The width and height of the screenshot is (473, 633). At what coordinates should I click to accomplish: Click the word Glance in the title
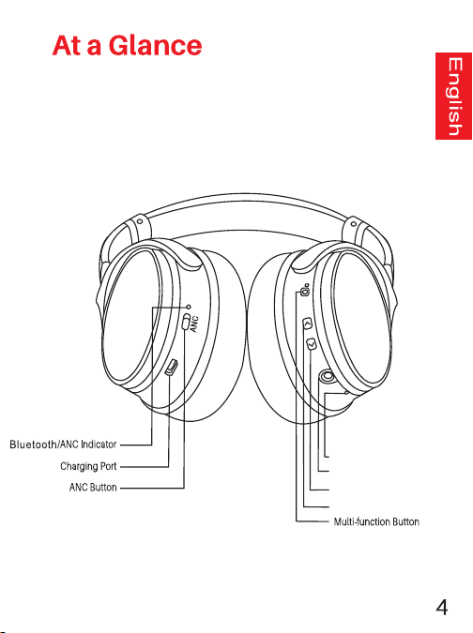155,45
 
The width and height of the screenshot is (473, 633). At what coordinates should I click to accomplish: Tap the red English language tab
453,96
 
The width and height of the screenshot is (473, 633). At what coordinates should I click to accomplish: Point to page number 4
442,607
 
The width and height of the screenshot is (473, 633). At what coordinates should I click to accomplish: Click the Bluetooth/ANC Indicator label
63,445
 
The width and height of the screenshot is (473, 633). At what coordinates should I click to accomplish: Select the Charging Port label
88,466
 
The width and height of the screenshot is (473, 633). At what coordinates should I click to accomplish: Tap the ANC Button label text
93,488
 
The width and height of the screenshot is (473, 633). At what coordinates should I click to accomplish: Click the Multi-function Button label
376,521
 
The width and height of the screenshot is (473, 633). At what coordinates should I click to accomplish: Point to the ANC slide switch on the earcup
186,323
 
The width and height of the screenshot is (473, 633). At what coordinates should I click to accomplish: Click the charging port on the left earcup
171,368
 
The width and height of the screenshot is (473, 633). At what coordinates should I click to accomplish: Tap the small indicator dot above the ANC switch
189,307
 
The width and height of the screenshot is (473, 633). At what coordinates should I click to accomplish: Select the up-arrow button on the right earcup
308,324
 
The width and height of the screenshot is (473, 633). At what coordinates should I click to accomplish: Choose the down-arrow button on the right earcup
311,344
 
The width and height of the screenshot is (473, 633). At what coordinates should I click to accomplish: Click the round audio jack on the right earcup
327,377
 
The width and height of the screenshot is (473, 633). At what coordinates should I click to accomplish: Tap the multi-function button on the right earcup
305,291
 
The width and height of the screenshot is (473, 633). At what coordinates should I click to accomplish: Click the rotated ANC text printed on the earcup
194,324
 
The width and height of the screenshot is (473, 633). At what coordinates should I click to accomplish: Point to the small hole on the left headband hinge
139,221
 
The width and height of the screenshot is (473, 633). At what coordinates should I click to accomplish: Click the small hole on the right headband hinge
354,223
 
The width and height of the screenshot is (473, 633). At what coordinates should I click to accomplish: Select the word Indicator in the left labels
99,445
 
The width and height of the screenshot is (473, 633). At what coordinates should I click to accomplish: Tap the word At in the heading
67,45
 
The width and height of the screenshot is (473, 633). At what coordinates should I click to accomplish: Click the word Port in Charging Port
108,466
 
